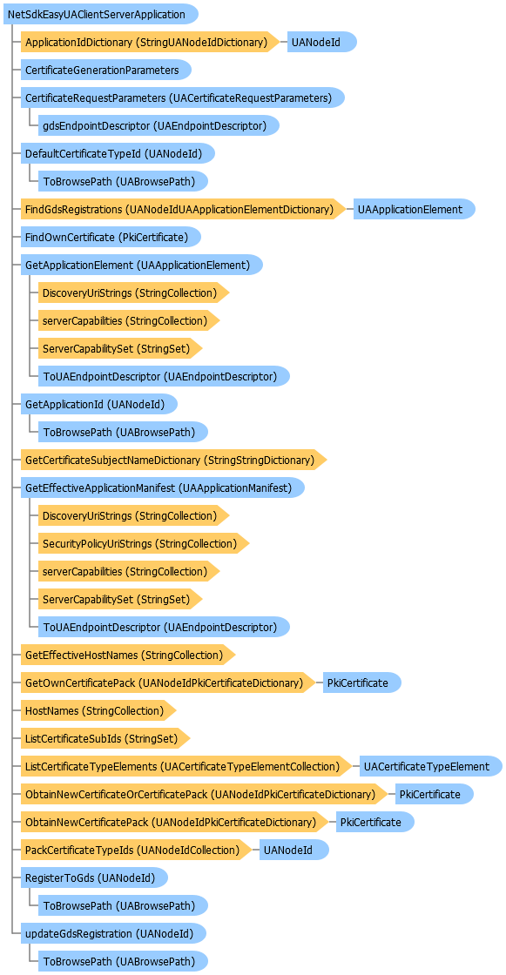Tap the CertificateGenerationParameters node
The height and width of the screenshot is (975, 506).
point(105,70)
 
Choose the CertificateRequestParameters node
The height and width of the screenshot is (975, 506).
point(183,97)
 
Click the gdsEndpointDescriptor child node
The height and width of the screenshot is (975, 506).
point(159,125)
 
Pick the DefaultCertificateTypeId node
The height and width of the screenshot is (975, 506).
point(118,153)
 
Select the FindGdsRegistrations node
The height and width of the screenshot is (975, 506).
point(183,209)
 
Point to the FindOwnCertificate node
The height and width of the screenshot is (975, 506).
point(111,237)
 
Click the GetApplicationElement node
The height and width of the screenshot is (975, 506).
point(142,265)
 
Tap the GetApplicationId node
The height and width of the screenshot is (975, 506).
point(99,404)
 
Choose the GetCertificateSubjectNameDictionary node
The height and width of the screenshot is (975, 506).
point(173,461)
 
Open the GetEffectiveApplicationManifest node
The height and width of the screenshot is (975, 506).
point(163,488)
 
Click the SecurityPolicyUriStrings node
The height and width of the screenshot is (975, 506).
point(144,543)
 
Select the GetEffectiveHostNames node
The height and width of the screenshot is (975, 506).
point(128,655)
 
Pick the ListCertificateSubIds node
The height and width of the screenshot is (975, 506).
point(105,739)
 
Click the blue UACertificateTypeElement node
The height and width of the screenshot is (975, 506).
point(431,767)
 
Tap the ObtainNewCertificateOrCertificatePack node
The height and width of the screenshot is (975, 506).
point(204,795)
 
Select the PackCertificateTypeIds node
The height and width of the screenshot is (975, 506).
point(137,850)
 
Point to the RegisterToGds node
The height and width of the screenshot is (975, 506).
point(95,878)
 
